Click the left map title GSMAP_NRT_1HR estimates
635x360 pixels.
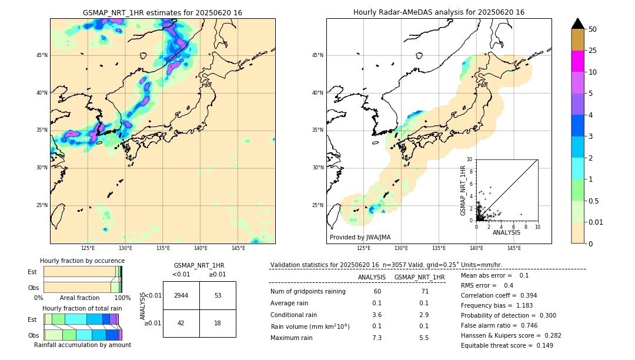click(162, 12)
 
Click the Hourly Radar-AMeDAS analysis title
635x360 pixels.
click(439, 12)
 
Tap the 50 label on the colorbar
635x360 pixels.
click(593, 29)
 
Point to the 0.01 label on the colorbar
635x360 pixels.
click(596, 222)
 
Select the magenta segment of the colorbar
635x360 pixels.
click(578, 61)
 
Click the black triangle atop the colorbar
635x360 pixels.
click(578, 24)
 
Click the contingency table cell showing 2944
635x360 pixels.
click(181, 295)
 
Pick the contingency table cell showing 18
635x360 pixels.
click(218, 323)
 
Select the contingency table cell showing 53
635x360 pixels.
click(218, 295)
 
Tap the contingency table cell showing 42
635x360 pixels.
click(181, 323)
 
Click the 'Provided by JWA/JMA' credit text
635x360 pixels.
click(360, 238)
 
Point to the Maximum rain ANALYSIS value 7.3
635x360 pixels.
click(377, 338)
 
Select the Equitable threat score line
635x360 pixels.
click(507, 345)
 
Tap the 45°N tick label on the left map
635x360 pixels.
click(42, 55)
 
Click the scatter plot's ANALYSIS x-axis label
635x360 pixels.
click(506, 233)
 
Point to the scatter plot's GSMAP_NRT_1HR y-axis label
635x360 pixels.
click(463, 190)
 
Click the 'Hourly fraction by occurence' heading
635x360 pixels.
click(82, 261)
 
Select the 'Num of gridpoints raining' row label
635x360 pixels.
click(308, 292)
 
